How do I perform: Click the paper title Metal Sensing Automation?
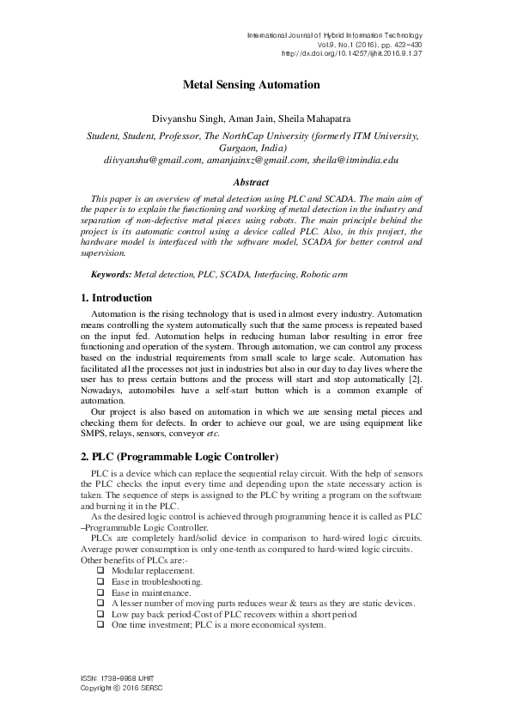(x=251, y=85)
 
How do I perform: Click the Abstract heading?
(x=251, y=182)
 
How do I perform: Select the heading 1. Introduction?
(x=116, y=298)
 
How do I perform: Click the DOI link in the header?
(x=353, y=53)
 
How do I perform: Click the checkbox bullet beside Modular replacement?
(x=101, y=571)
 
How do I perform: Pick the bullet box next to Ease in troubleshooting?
(x=101, y=582)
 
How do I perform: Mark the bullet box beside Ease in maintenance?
(x=101, y=592)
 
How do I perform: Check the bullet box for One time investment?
(x=101, y=625)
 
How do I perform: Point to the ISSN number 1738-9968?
(x=122, y=678)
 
